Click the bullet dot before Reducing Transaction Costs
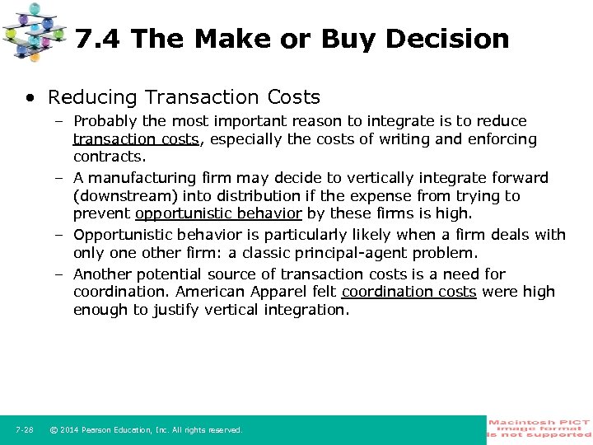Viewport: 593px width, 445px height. click(x=30, y=97)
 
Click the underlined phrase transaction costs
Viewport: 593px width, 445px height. click(x=136, y=139)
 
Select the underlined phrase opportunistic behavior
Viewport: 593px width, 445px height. click(x=218, y=213)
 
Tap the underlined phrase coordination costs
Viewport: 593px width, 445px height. click(x=409, y=292)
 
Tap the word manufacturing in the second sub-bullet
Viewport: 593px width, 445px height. click(x=137, y=177)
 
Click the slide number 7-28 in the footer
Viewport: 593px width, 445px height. click(x=24, y=430)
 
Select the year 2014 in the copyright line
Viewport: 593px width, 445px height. click(x=71, y=430)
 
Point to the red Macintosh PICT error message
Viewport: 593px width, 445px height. click(x=539, y=429)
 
